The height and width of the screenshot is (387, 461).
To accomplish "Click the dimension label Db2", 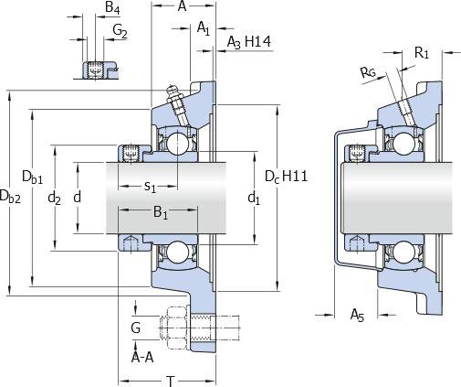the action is pyautogui.click(x=10, y=196).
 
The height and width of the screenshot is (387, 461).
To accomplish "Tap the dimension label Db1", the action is pyautogui.click(x=33, y=177).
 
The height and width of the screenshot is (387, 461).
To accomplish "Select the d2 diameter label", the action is pyautogui.click(x=55, y=199).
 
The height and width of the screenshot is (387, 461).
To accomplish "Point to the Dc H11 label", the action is pyautogui.click(x=286, y=177).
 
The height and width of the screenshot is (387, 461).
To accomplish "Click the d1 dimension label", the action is pyautogui.click(x=254, y=198).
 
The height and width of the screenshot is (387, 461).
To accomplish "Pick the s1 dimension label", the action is pyautogui.click(x=150, y=187).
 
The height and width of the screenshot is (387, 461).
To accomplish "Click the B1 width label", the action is pyautogui.click(x=161, y=212).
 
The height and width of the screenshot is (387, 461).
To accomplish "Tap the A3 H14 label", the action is pyautogui.click(x=249, y=42).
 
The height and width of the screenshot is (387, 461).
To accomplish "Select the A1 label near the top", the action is pyautogui.click(x=204, y=28).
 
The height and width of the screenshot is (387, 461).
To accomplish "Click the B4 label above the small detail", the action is pyautogui.click(x=112, y=7).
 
